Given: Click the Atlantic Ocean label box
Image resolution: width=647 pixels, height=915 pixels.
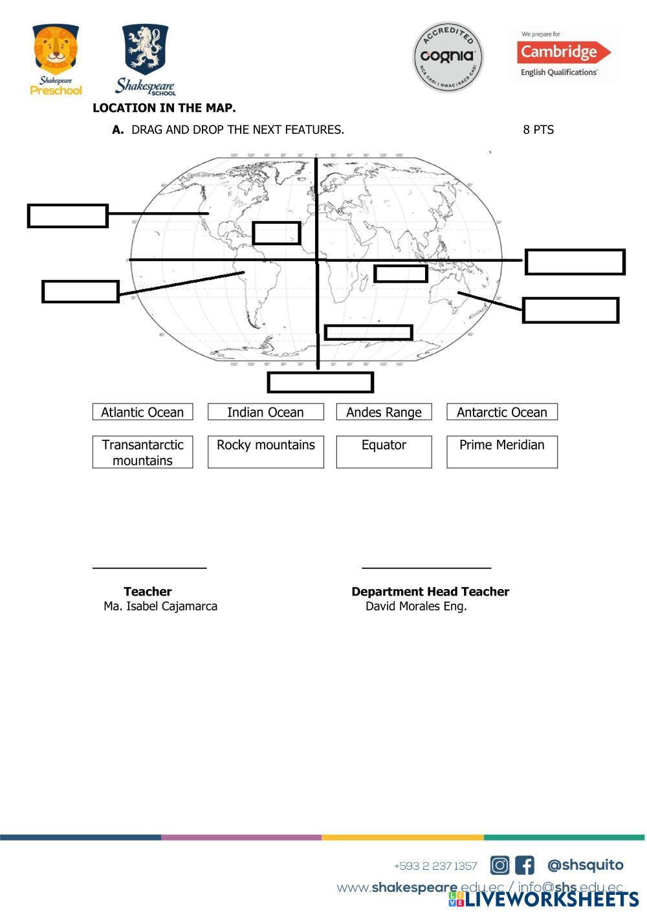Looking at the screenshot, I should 142,412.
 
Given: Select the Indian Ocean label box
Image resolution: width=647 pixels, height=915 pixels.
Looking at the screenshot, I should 265,412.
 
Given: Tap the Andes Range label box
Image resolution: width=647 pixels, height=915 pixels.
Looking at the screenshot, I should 384,412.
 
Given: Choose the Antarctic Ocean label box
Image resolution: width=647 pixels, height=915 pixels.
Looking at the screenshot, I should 501,412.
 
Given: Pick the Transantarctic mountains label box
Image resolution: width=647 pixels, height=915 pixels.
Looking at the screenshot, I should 142,452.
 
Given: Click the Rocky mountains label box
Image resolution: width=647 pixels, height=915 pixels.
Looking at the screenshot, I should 265,451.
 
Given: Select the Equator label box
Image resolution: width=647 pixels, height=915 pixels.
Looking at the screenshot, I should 384,451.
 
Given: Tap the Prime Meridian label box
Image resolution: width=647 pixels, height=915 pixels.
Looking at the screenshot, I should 501,451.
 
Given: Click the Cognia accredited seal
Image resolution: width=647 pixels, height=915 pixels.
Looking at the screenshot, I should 448,56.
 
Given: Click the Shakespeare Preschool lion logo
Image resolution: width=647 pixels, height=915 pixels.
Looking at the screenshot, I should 56,59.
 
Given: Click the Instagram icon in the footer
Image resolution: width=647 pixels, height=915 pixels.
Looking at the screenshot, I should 499,865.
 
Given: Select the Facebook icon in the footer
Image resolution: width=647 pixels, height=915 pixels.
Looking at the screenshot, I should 524,865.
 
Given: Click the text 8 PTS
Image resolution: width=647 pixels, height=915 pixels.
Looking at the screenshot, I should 538,130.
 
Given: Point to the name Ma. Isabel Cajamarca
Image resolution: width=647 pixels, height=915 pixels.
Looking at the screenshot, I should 160,607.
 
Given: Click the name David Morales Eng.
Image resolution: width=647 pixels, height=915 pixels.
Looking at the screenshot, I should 416,607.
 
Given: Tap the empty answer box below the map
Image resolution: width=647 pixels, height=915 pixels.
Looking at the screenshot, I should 320,382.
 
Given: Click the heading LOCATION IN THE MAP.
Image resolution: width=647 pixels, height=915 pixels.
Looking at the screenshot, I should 164,108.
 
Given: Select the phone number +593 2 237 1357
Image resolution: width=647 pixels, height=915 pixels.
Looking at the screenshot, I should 435,866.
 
